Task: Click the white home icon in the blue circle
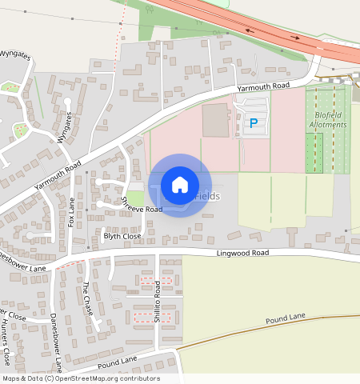[x=180, y=185]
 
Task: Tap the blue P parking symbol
[x=254, y=123]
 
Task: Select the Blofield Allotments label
[x=328, y=120]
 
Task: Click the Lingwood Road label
[x=242, y=253]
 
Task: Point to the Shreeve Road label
[x=141, y=203]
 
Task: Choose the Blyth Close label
[x=122, y=237]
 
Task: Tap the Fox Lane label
[x=71, y=213]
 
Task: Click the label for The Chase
[x=88, y=297]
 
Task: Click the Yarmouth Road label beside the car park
[x=262, y=86]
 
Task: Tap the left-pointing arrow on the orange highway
[x=250, y=30]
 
